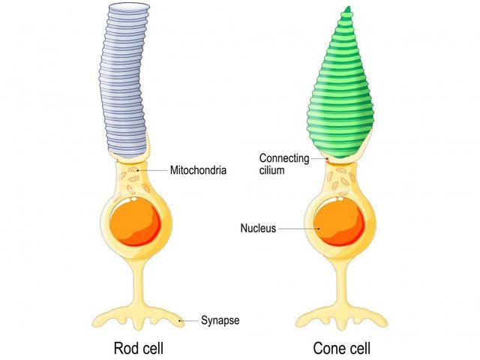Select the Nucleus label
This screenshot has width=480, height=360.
259,227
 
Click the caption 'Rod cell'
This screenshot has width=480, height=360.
139,349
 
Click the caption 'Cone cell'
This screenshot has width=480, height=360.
341,349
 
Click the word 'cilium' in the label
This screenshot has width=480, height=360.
274,169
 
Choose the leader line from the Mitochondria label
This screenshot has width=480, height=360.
154,171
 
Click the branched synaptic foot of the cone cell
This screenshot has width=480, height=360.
341,313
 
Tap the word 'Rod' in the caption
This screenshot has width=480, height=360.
125,349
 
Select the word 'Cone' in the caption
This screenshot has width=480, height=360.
328,349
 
